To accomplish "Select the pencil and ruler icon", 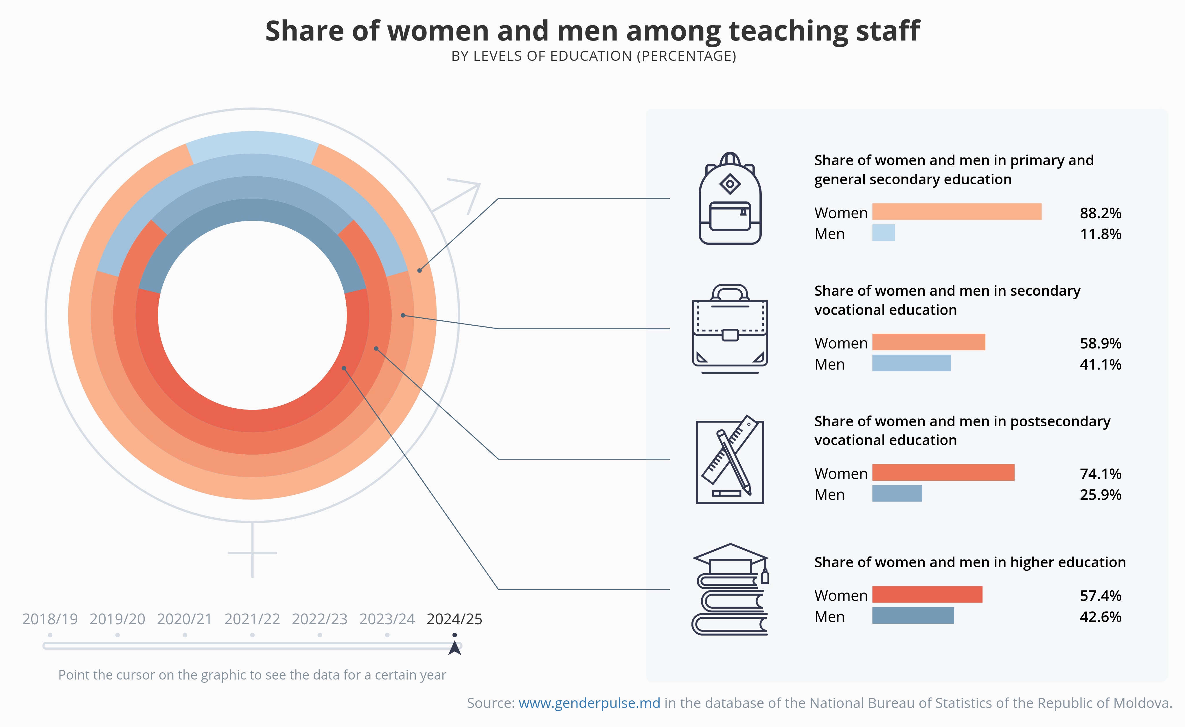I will (x=730, y=460).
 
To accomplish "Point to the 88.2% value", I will (x=1100, y=213).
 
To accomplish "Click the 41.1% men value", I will (x=1100, y=364).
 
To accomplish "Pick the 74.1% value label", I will (x=1100, y=474).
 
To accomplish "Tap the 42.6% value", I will (x=1100, y=617).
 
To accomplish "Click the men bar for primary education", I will (x=884, y=233).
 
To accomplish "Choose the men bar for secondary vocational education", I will (x=911, y=363).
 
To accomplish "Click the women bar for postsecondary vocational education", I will (x=943, y=473).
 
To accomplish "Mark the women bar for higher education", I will (x=927, y=595).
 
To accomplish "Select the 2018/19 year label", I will (x=50, y=619).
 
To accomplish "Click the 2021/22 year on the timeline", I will (x=252, y=619).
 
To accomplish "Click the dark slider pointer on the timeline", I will (x=455, y=648).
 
